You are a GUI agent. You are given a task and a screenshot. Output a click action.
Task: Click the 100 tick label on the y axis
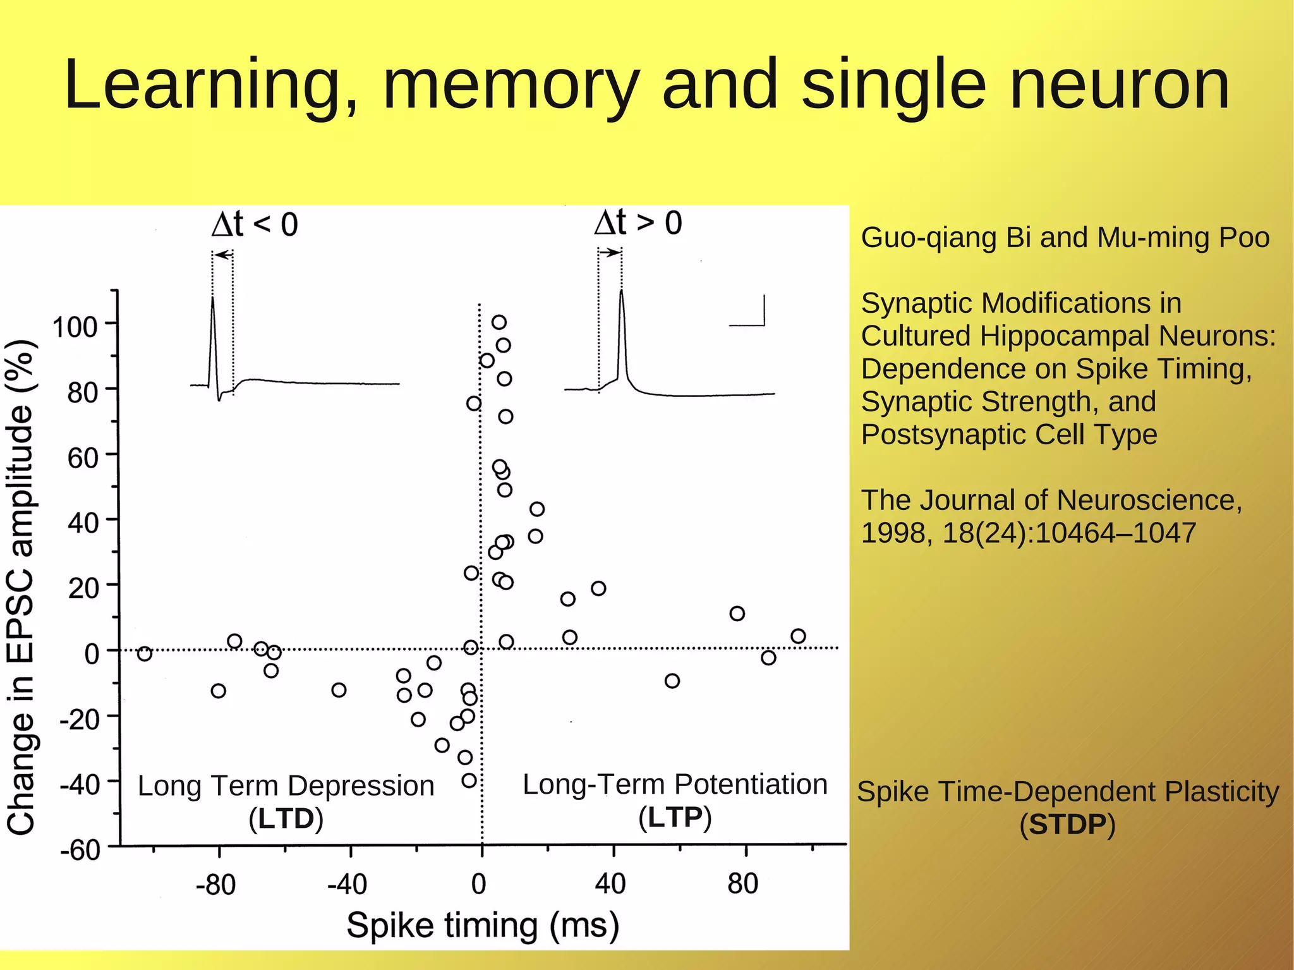pos(75,327)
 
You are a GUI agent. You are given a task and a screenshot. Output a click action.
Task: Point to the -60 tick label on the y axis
pos(80,851)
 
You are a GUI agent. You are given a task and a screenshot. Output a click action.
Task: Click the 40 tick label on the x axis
pos(610,883)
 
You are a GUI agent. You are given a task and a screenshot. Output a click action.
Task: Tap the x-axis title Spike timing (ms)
pos(483,926)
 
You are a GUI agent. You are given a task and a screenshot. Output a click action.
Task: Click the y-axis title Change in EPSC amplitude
pos(20,588)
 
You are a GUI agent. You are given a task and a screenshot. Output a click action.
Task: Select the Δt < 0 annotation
pos(255,224)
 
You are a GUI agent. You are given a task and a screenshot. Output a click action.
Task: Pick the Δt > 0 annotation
pos(638,222)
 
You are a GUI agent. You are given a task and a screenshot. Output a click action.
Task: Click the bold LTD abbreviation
pos(286,819)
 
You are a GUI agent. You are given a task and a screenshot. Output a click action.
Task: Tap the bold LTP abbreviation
pos(675,818)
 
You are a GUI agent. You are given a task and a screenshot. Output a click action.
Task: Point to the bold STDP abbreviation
pos(1068,825)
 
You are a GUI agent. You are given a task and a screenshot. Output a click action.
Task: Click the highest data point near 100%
pos(499,322)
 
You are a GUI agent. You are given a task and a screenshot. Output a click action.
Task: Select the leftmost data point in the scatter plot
pos(145,653)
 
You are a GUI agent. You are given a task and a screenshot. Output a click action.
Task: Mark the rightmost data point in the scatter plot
pos(798,636)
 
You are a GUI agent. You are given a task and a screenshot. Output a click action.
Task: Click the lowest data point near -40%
pos(469,780)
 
